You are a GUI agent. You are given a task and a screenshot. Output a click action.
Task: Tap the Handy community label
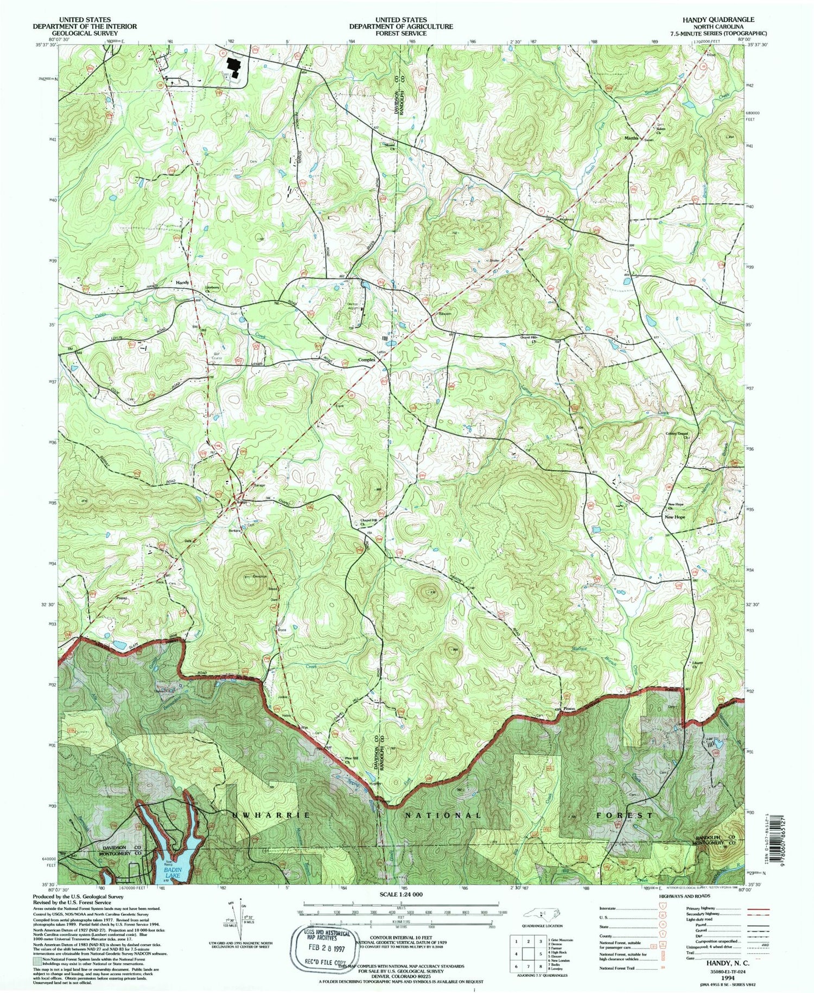pos(182,283)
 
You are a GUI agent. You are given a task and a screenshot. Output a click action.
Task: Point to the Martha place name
pos(631,138)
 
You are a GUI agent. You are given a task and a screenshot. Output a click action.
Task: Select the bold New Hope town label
pos(675,517)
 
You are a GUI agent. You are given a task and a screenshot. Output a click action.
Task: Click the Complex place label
pos(367,359)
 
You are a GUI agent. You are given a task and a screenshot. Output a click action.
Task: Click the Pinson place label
pos(569,709)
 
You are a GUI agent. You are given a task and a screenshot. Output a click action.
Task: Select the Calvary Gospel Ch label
pos(677,434)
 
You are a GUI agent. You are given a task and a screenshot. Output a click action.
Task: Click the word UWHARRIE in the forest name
pos(271,815)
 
